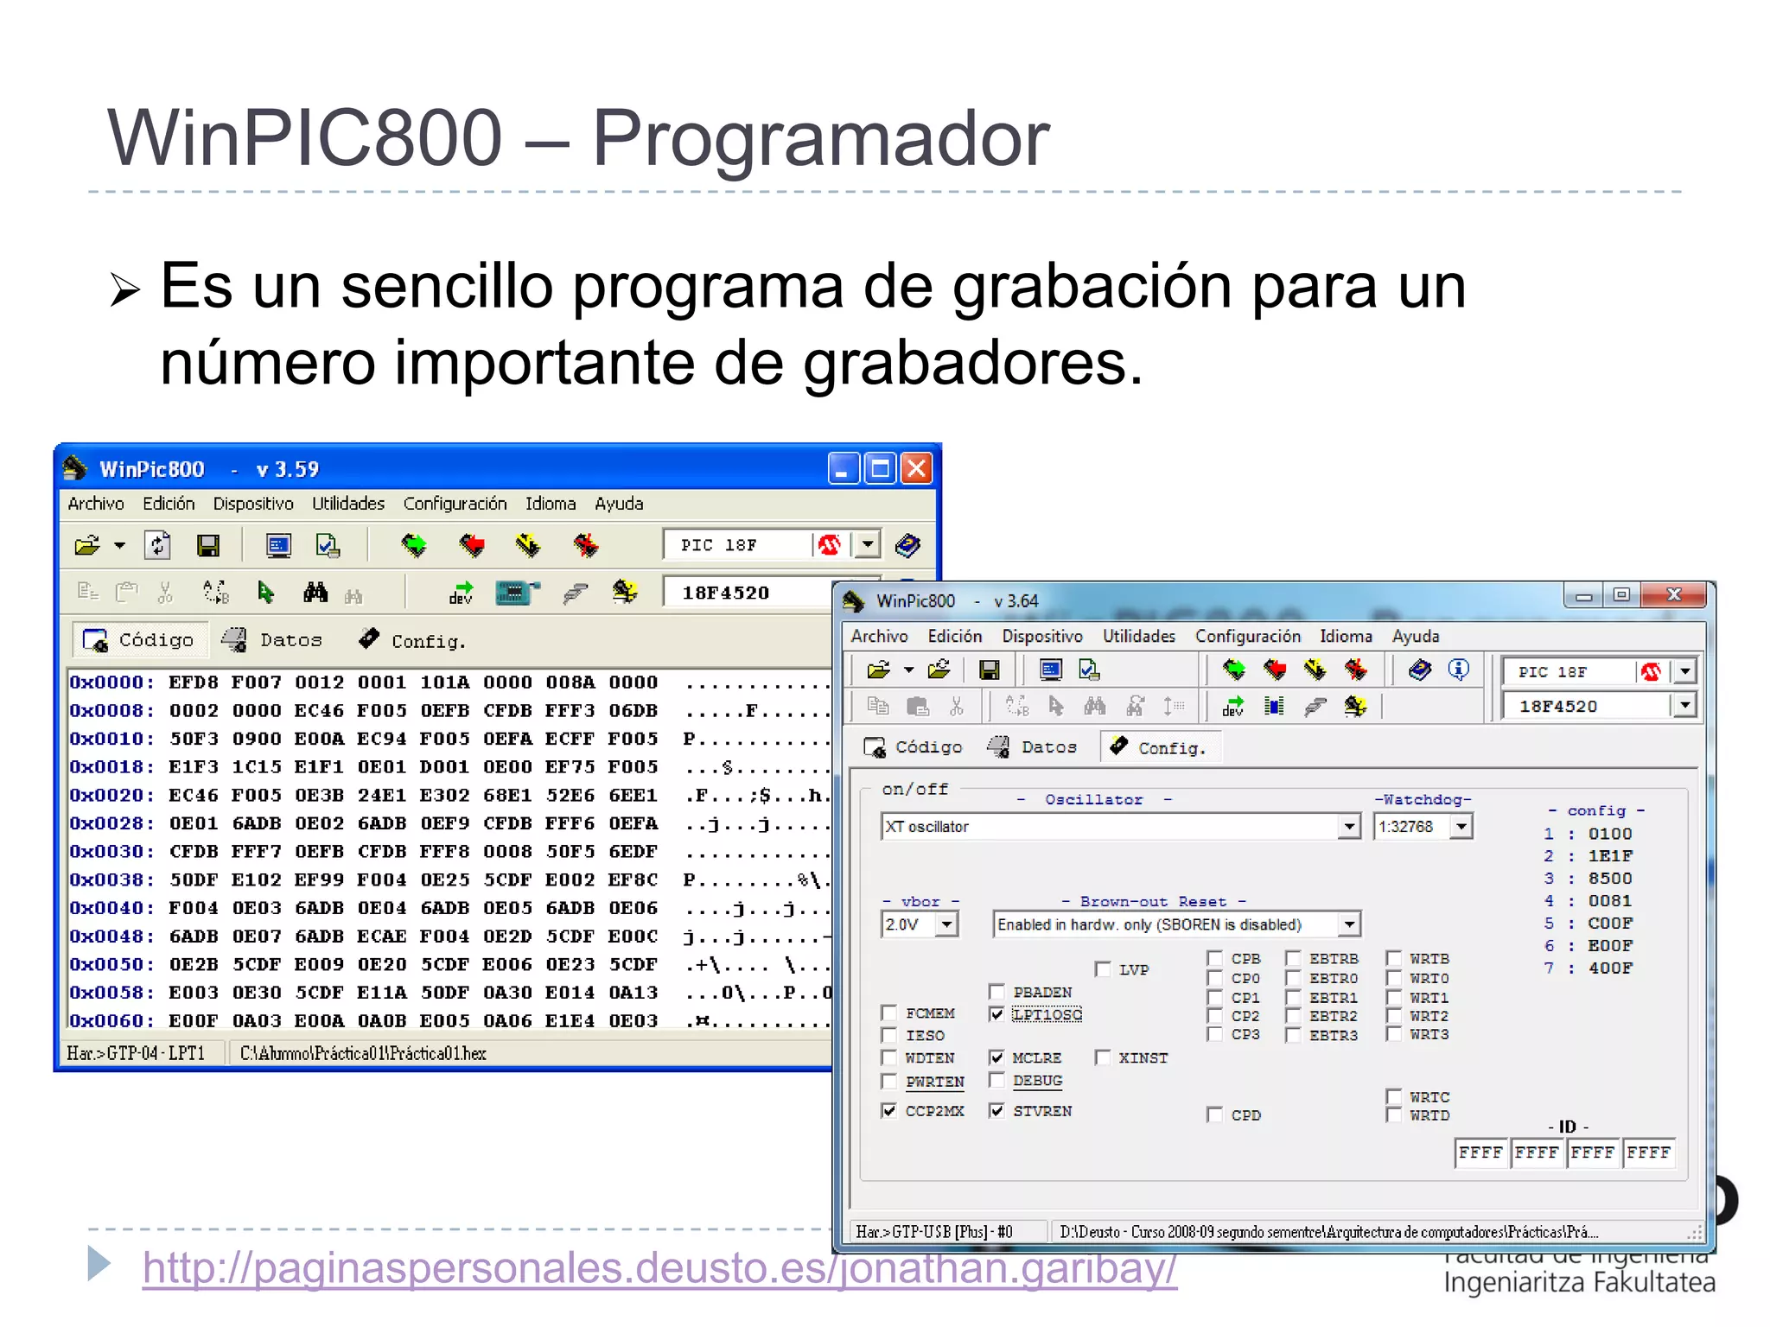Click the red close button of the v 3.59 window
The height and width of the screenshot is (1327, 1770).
pos(916,469)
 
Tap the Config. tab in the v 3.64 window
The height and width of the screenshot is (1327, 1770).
pos(1160,747)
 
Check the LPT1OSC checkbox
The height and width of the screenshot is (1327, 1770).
pos(997,1014)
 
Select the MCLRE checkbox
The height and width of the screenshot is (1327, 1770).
pos(997,1057)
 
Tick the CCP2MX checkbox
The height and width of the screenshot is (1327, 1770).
pos(889,1111)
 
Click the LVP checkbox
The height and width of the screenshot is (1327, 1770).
pos(1103,969)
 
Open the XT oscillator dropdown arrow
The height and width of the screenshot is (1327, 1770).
pos(1349,827)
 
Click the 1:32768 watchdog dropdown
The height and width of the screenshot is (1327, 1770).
pos(1423,827)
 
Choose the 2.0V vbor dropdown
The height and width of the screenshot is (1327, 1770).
pos(920,924)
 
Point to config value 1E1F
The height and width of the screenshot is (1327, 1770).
pos(1610,856)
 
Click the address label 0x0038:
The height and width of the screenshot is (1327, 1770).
pos(111,880)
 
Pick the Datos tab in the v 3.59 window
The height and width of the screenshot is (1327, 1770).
pos(274,640)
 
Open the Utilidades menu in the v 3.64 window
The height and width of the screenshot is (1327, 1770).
pos(1138,637)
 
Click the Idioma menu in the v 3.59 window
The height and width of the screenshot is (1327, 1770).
pos(551,504)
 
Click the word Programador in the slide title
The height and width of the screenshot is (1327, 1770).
pos(820,138)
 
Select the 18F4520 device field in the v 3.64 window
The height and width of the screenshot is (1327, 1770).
pos(1585,707)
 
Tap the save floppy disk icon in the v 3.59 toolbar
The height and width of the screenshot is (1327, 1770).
pos(208,545)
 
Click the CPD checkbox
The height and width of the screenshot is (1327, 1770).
pos(1215,1115)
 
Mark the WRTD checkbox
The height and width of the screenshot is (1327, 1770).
pos(1393,1115)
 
